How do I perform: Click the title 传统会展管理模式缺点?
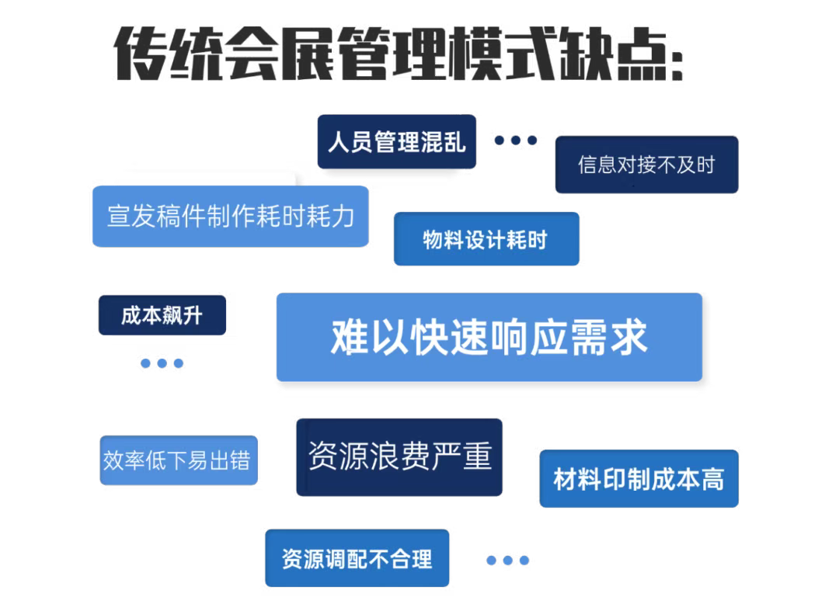[399, 54]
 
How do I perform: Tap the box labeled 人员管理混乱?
[396, 141]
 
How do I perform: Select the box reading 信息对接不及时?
[646, 165]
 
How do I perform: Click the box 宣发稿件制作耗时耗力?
[231, 216]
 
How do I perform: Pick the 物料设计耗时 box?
[486, 239]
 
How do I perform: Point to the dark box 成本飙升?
[162, 315]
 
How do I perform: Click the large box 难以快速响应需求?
[489, 337]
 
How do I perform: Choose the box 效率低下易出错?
[179, 460]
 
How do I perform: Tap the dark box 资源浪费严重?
[399, 457]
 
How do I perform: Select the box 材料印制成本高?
[639, 478]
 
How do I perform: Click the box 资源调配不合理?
[357, 558]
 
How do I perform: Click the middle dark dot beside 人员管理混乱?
[516, 140]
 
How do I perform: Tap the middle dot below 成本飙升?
[162, 363]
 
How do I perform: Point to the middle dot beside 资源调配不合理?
[508, 561]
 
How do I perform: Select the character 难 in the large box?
[350, 337]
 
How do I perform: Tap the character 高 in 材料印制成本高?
[712, 479]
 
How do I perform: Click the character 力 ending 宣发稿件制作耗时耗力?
[343, 217]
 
